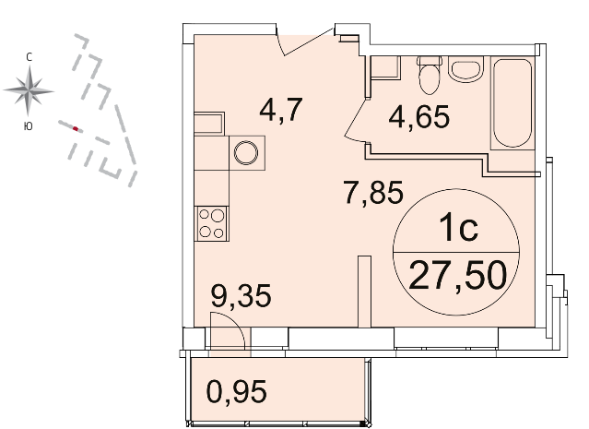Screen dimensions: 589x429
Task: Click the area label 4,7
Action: [281, 110]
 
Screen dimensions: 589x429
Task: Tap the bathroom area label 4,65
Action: [418, 116]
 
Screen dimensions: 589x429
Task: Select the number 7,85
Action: [373, 192]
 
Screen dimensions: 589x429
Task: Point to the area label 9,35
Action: [241, 296]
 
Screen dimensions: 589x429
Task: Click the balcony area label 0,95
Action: [237, 391]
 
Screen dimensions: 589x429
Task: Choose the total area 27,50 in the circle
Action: [457, 277]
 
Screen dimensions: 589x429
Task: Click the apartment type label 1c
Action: [459, 228]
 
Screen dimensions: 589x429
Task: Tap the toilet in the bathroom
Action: [429, 76]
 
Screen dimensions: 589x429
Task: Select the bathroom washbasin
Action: [465, 69]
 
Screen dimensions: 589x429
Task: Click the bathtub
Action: [512, 103]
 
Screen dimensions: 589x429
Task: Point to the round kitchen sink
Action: [246, 153]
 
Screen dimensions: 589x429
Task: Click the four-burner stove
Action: [211, 223]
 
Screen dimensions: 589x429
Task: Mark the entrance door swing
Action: [305, 42]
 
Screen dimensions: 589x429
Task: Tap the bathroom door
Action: [357, 120]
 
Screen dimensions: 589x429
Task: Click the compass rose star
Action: [29, 90]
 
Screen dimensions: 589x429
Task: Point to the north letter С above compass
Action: [29, 57]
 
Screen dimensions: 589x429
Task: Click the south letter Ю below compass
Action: [29, 126]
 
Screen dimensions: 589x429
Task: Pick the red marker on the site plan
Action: [76, 129]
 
